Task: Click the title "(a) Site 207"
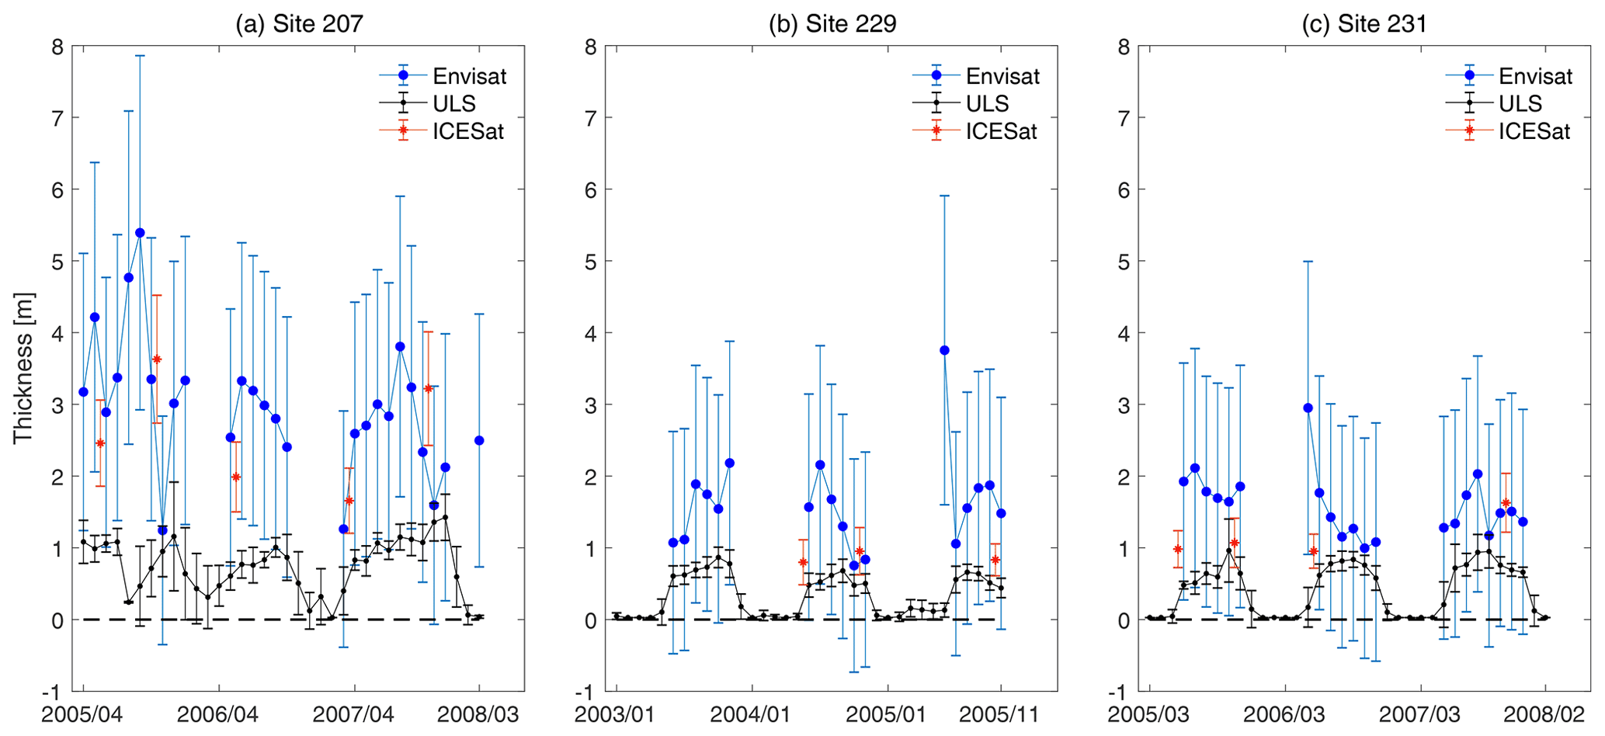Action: click(x=299, y=23)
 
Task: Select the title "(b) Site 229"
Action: click(x=832, y=23)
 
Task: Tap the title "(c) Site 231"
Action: click(x=1364, y=23)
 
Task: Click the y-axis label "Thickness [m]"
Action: click(x=23, y=368)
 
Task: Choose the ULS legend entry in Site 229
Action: click(x=987, y=103)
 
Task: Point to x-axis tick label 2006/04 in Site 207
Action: click(x=218, y=714)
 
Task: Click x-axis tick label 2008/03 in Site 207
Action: click(x=478, y=714)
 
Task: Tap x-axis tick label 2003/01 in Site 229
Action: click(x=617, y=714)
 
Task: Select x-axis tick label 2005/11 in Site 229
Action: click(x=1000, y=714)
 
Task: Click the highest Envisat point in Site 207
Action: click(x=140, y=233)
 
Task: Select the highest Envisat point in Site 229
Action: click(x=944, y=350)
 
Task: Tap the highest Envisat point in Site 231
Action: click(x=1308, y=408)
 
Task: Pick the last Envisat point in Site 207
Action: click(x=479, y=440)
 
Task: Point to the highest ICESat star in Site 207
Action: click(x=157, y=359)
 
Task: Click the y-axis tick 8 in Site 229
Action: click(x=591, y=47)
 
